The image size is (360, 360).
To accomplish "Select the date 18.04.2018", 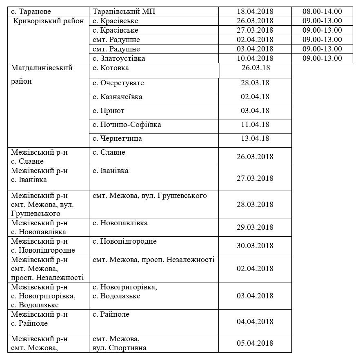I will point(255,11).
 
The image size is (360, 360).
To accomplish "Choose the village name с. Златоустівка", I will point(119,58).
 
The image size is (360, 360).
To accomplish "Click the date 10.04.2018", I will point(255,58).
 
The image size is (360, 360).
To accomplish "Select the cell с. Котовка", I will point(111,68).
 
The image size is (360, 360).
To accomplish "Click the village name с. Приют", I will point(109,111).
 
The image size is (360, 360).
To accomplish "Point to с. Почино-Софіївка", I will point(127,124).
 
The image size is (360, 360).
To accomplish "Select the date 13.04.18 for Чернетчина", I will point(255,138).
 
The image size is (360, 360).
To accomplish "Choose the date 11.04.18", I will point(255,124).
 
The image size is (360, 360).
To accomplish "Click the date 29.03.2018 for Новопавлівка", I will point(255,227).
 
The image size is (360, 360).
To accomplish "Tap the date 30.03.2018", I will point(255,246).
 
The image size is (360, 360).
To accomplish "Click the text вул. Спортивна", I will point(120,348).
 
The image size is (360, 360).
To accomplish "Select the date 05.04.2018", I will point(255,343).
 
